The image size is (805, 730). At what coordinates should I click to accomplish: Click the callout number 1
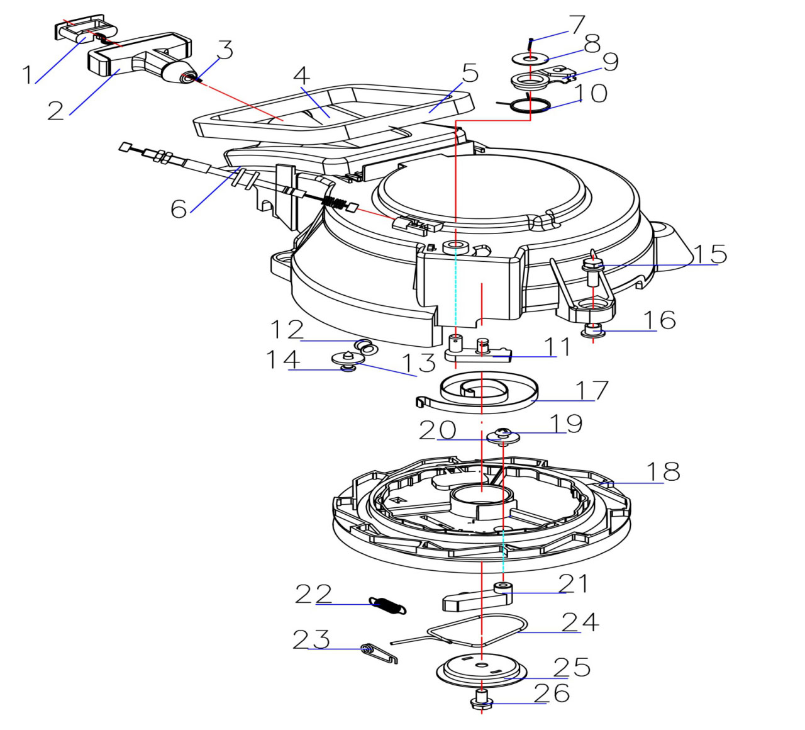pyautogui.click(x=27, y=75)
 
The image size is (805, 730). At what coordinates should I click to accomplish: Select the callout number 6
pyautogui.click(x=179, y=208)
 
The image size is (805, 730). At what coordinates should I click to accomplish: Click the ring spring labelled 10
pyautogui.click(x=529, y=105)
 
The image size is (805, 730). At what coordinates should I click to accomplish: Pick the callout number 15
pyautogui.click(x=710, y=254)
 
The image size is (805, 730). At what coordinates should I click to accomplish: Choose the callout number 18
pyautogui.click(x=663, y=471)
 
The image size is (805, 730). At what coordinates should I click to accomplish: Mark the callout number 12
pyautogui.click(x=287, y=330)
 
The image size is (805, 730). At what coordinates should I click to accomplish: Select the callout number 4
pyautogui.click(x=302, y=76)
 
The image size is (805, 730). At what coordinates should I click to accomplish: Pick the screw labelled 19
pyautogui.click(x=504, y=434)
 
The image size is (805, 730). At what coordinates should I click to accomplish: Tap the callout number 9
pyautogui.click(x=602, y=62)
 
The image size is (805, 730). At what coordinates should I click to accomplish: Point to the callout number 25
pyautogui.click(x=572, y=667)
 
